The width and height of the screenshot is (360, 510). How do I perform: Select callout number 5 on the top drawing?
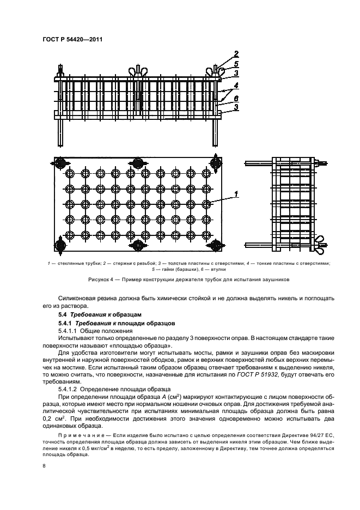click(x=236, y=63)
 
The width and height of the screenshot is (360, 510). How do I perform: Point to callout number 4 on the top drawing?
click(x=236, y=85)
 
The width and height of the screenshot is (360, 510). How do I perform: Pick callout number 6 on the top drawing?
click(x=236, y=97)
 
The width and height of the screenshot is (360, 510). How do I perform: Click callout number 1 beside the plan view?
click(x=236, y=193)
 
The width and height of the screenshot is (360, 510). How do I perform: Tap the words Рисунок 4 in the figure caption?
click(x=101, y=280)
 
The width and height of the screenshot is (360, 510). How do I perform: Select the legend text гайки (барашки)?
click(x=176, y=269)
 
